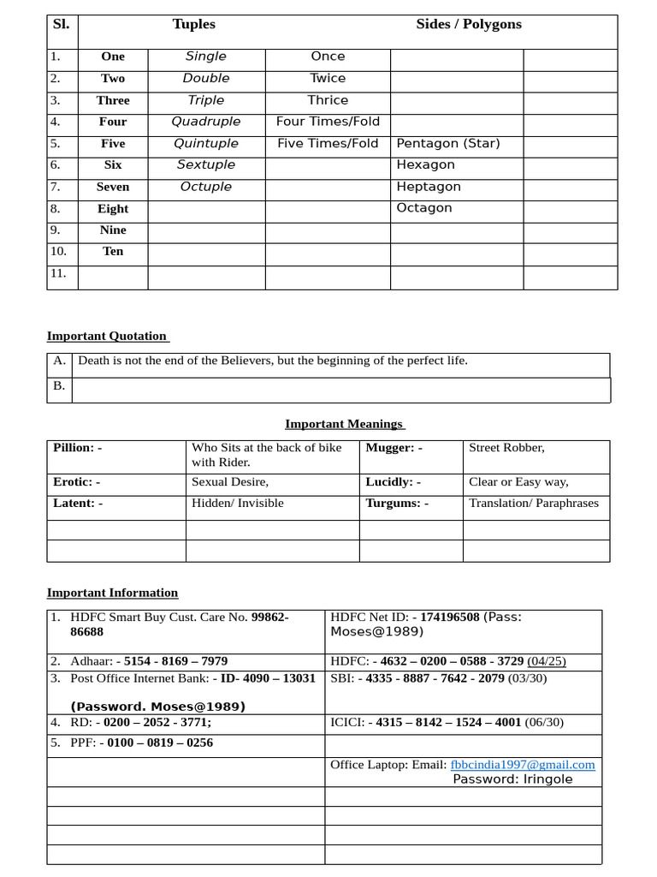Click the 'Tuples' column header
coord(193,24)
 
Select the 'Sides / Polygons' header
coord(468,24)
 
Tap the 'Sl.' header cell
coord(61,24)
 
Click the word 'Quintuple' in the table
coord(206,143)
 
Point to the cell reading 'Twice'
coord(328,78)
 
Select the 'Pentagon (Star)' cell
coord(448,143)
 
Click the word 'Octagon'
coord(424,208)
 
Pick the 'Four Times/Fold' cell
coord(328,122)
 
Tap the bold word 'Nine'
coord(113,230)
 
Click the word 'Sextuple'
coord(206,164)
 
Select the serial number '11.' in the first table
coord(57,273)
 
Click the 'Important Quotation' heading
coord(107,336)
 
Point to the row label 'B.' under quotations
coord(59,385)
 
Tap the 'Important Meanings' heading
coord(345,424)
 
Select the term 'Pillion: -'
coord(77,447)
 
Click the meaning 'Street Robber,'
coord(506,447)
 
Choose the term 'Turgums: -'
coord(397,503)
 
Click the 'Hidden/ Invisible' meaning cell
coord(237,503)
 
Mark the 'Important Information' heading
coord(112,593)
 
